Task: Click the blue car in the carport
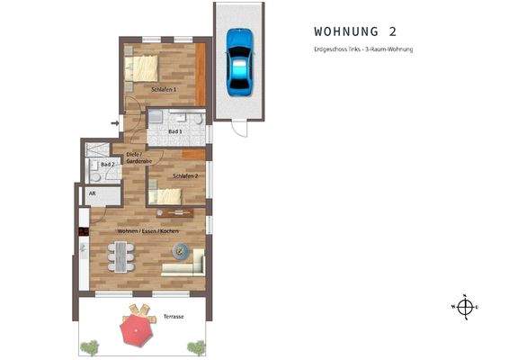(238, 62)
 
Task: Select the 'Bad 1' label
(175, 131)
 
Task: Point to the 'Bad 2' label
(106, 166)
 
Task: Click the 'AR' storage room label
(92, 193)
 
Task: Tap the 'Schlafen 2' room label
(185, 176)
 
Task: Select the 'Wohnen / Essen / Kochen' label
(148, 231)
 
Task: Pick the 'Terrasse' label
(174, 318)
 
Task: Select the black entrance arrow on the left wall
(114, 122)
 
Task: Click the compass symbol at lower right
(464, 308)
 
